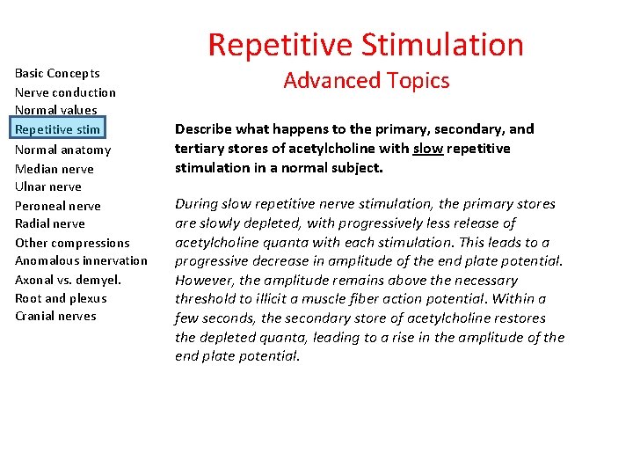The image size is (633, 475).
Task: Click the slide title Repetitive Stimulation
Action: coord(366,45)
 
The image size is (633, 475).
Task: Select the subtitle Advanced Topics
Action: coord(366,81)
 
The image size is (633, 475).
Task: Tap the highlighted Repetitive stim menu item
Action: coord(58,129)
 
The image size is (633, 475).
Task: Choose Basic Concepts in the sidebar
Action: coord(57,73)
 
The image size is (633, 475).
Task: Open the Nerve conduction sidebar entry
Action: coord(65,92)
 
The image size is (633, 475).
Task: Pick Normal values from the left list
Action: coord(55,110)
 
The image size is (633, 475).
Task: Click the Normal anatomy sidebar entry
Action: coord(62,150)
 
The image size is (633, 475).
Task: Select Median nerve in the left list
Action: coord(55,169)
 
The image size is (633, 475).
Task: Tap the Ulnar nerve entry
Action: coord(48,186)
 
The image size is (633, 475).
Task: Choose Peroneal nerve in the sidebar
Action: coord(58,206)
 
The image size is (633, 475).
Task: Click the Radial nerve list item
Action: coord(50,223)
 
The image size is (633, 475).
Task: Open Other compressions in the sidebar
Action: coord(72,243)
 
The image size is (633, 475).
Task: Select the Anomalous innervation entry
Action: coord(81,260)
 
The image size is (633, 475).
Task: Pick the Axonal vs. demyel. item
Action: coord(68,280)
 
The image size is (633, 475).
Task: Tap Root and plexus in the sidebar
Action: coord(61,298)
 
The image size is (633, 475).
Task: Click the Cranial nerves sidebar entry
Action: coord(55,316)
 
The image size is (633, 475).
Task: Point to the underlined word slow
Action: coord(428,149)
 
